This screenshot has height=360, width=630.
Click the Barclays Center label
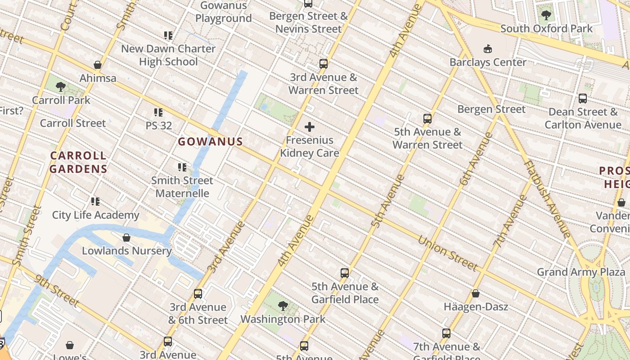point(488,62)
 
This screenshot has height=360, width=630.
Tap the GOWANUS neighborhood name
point(211,142)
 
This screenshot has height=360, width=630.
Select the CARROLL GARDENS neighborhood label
point(78,162)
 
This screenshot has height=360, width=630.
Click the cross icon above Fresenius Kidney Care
point(310,127)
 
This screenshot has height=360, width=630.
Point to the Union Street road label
point(447,253)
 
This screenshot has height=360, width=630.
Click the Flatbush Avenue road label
point(547,198)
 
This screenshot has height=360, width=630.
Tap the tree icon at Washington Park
point(283,306)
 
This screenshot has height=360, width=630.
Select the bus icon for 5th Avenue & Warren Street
point(427,119)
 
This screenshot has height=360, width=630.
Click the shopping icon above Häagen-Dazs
point(476,294)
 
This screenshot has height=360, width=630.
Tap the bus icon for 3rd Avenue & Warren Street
point(324,64)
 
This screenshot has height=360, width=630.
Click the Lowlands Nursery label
point(126,251)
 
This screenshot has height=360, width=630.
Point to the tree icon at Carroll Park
point(61,87)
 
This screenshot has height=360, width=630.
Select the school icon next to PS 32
point(158,112)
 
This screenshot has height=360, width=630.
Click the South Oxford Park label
point(547,29)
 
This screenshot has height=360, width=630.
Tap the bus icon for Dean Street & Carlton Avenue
point(583,99)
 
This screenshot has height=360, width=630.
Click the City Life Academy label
point(95,215)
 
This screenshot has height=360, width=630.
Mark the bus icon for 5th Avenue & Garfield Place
point(345,273)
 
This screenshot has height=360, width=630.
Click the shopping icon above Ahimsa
point(98,65)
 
